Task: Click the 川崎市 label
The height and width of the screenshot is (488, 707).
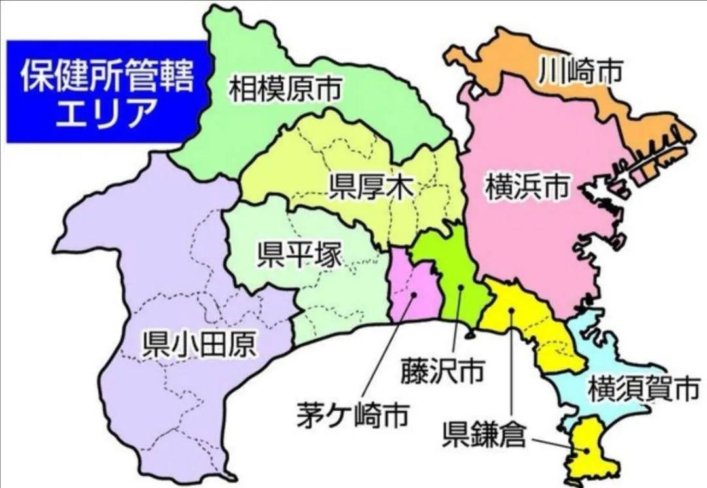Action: (x=579, y=73)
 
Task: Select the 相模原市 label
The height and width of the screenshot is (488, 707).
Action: (x=285, y=89)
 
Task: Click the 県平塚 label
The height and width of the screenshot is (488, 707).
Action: (x=299, y=255)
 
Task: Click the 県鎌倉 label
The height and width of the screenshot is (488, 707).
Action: (x=484, y=434)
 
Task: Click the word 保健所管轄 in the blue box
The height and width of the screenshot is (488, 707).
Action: (x=107, y=77)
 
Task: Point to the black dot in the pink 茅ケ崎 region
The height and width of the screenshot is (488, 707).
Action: (x=414, y=295)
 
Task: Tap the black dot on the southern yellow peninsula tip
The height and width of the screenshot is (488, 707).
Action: (x=586, y=451)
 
